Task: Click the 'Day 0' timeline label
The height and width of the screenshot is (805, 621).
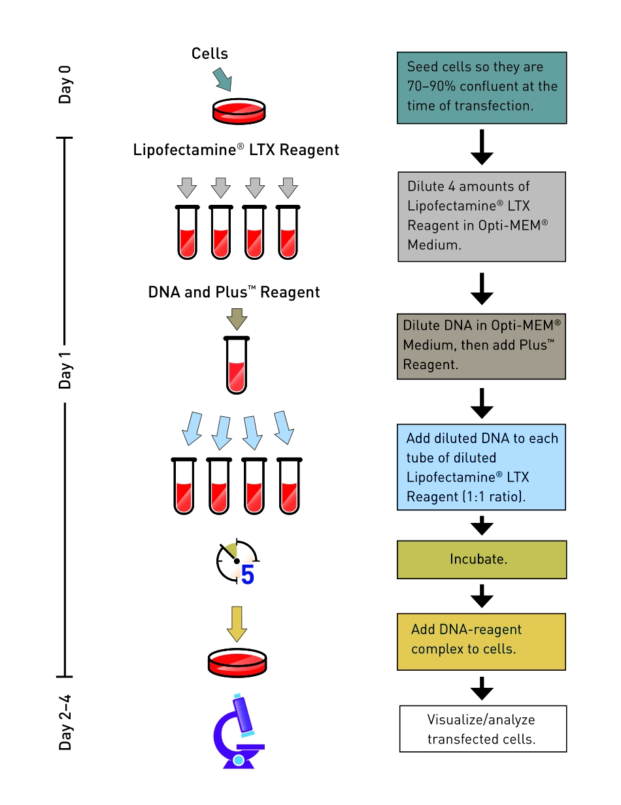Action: pos(65,84)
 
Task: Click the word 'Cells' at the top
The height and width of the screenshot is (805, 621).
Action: pos(210,54)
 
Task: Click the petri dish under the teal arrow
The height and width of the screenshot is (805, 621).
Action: pos(239,111)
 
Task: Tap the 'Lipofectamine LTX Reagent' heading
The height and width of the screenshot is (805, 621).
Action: pos(236,150)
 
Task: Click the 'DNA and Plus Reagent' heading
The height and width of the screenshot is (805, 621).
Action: pos(234,292)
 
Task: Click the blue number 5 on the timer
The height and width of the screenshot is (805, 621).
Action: pos(247,574)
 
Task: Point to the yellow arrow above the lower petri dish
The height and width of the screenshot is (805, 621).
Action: pos(237,624)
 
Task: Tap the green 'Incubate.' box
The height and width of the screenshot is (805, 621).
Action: pos(481,560)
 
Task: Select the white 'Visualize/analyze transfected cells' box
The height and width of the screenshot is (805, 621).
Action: pos(482,729)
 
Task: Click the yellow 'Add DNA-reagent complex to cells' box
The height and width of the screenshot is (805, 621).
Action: pos(481,641)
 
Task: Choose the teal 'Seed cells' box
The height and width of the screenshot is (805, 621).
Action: pos(482,88)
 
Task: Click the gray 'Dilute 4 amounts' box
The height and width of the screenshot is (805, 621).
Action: pos(482,217)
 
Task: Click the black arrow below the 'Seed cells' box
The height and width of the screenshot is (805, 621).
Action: pos(482,148)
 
